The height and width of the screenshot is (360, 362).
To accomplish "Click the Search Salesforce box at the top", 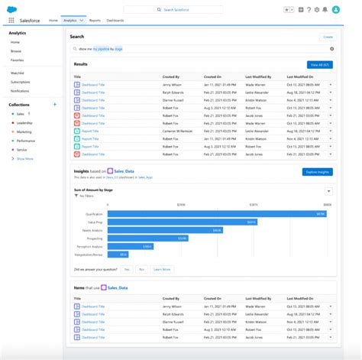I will (180, 10).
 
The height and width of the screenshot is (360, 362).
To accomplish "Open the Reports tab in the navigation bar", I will (95, 21).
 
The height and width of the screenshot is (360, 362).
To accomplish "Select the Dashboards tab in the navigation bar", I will (116, 21).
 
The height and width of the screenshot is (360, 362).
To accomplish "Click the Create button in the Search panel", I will (328, 36).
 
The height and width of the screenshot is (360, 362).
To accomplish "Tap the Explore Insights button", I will (318, 172).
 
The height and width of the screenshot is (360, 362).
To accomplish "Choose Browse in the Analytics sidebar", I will (17, 50).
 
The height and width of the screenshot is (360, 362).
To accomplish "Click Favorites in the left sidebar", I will (18, 59).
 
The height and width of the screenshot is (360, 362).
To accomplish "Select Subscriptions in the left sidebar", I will (21, 82).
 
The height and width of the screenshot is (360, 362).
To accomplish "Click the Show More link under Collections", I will (24, 159).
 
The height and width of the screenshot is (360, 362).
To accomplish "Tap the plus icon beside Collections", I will (54, 104).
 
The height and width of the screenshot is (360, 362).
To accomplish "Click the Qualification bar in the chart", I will (216, 214).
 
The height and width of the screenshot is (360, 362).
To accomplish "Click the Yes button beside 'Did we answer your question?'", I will (127, 270).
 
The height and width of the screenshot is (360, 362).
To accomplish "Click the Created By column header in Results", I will (170, 77).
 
